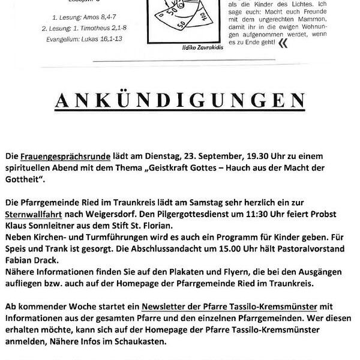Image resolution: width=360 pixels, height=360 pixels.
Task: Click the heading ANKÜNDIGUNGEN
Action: click(x=179, y=100)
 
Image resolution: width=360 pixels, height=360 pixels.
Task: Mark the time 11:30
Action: click(x=237, y=214)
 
